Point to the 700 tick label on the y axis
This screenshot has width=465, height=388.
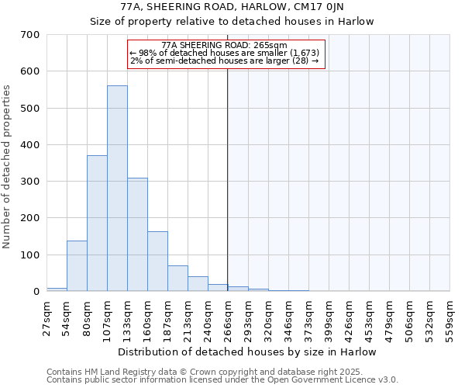[30, 35]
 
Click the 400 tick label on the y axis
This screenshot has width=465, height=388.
[30, 145]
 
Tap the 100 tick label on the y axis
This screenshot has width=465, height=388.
[30, 255]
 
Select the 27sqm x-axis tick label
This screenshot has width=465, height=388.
[46, 315]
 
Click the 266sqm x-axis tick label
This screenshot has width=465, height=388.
[228, 315]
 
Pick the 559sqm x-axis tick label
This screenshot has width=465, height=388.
[449, 315]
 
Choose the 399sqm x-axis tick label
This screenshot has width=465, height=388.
[329, 315]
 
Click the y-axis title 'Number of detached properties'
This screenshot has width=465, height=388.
[8, 167]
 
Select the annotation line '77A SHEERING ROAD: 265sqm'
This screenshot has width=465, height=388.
[225, 45]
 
